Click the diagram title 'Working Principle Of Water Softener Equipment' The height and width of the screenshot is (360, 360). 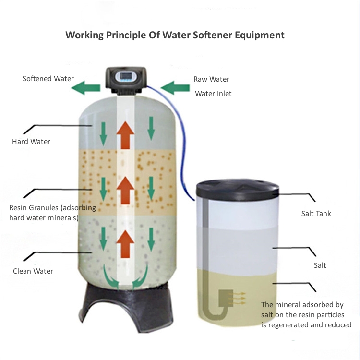point(175,35)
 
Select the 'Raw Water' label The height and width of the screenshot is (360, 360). point(211,79)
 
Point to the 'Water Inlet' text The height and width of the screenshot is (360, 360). point(213,94)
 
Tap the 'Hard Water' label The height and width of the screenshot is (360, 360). point(31,142)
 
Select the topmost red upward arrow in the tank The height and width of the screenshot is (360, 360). point(126,134)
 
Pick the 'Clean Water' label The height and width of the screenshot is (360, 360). point(33,271)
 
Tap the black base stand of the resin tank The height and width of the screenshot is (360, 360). point(126,307)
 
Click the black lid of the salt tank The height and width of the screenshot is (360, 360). point(239,188)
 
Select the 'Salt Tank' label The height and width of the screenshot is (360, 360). point(316,214)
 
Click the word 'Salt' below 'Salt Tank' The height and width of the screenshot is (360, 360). point(320,265)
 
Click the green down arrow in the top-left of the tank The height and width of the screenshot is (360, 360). point(103,131)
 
